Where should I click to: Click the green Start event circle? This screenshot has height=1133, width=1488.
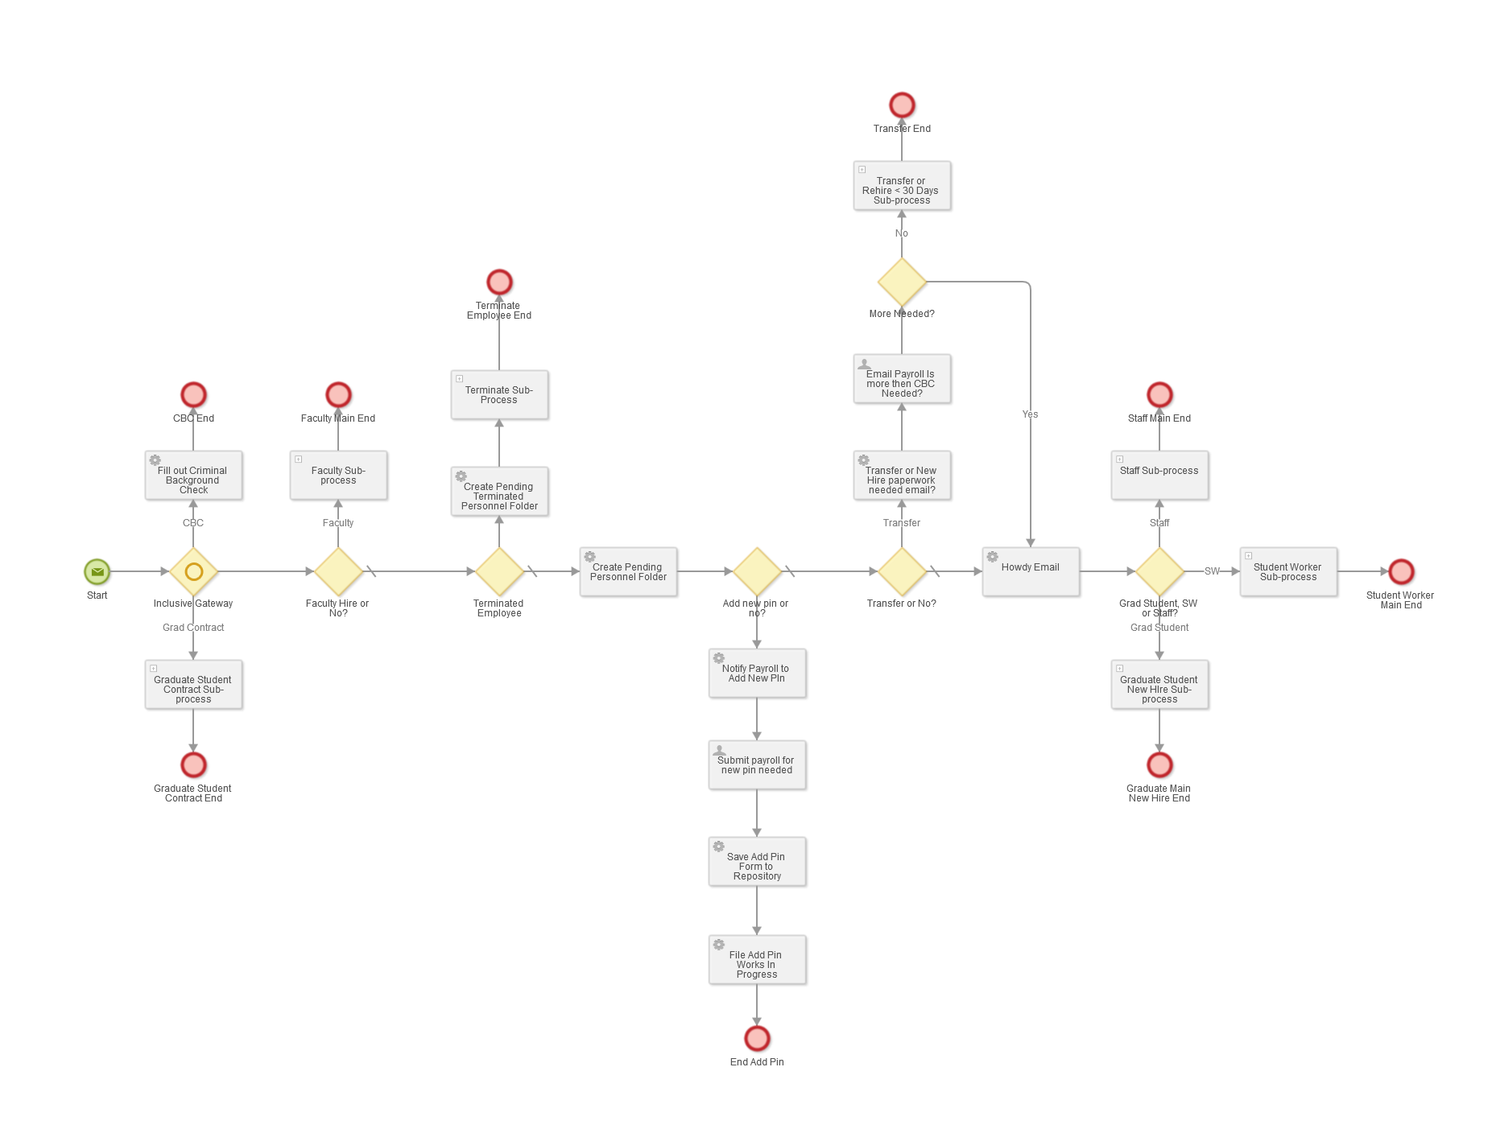[x=97, y=571]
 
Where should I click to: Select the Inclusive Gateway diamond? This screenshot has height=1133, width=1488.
[x=193, y=571]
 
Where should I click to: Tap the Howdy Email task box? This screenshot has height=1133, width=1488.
[x=1031, y=572]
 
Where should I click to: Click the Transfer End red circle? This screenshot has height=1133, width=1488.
[x=902, y=105]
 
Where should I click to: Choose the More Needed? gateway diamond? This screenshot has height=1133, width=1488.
[x=902, y=282]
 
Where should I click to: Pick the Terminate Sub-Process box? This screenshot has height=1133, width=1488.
[x=500, y=395]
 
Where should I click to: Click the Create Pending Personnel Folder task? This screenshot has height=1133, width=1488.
[x=629, y=572]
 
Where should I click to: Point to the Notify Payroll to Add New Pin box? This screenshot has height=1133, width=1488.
[x=758, y=674]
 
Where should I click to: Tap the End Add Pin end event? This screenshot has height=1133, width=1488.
[x=757, y=1038]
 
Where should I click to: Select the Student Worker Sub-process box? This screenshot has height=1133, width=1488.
[x=1289, y=572]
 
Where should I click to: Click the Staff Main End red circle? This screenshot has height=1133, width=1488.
[x=1159, y=395]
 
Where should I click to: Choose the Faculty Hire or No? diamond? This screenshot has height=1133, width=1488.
[x=338, y=571]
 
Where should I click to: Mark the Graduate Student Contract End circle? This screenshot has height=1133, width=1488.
[x=193, y=764]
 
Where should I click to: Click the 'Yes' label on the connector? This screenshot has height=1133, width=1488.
[x=1030, y=414]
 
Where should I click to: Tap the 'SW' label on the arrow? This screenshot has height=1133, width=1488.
[x=1211, y=571]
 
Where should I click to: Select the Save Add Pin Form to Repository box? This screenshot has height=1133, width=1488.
[x=758, y=863]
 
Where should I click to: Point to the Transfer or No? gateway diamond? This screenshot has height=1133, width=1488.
[x=902, y=571]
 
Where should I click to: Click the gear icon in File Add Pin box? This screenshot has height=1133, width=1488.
[x=719, y=945]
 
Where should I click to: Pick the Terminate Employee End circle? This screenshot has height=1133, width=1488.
[x=499, y=282]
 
